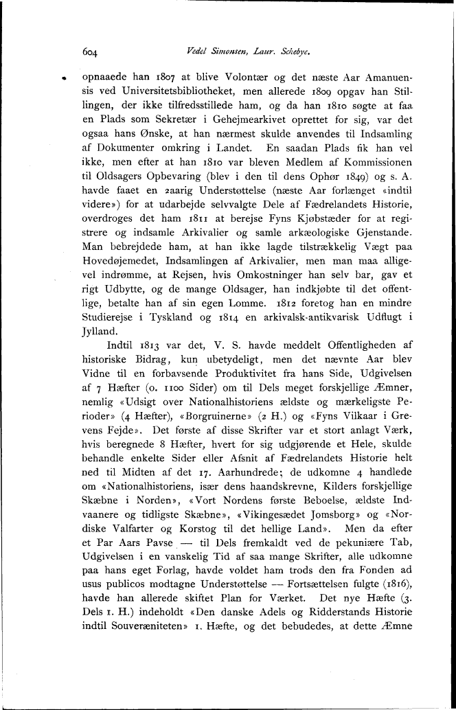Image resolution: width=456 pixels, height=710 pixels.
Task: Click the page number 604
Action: click(x=92, y=51)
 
